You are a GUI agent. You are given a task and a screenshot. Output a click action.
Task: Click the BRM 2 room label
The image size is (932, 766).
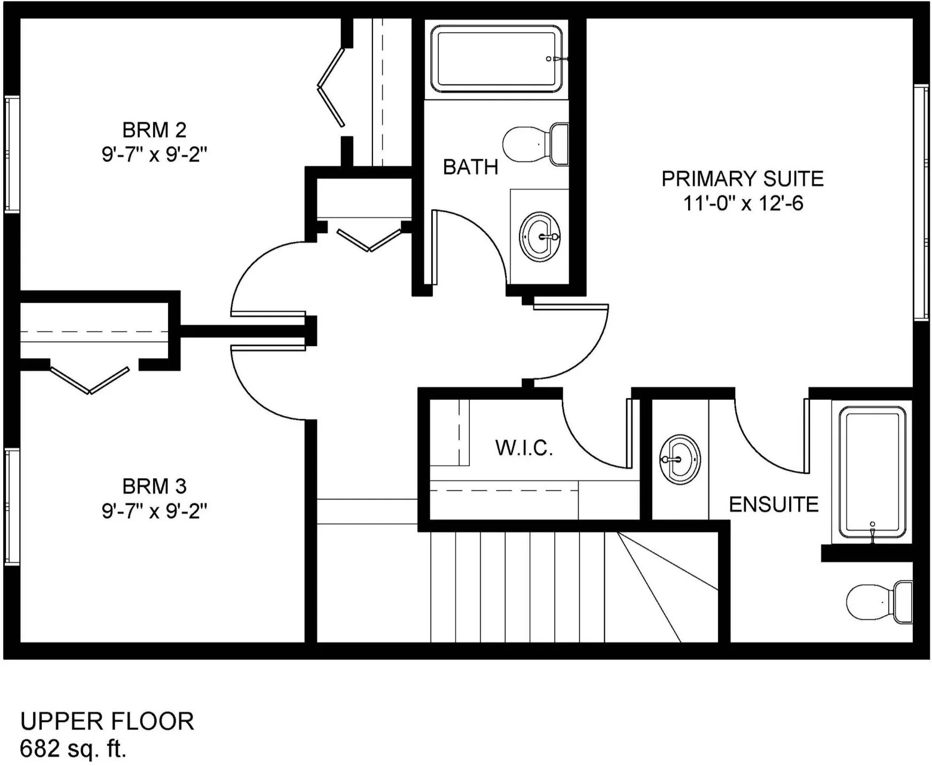click(x=154, y=130)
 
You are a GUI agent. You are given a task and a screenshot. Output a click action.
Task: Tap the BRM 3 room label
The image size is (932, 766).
click(x=154, y=486)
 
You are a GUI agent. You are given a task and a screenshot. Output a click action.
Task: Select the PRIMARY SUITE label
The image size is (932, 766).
click(x=743, y=179)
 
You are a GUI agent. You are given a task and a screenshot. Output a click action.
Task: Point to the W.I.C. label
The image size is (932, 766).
click(x=524, y=448)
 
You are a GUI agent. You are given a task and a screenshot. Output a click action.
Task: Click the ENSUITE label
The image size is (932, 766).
click(x=774, y=504)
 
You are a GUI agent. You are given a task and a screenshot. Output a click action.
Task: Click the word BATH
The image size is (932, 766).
click(x=471, y=167)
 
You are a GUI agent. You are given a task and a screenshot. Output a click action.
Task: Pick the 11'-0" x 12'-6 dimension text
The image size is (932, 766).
click(x=743, y=203)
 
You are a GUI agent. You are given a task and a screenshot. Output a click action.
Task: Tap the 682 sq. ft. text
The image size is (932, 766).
click(x=73, y=748)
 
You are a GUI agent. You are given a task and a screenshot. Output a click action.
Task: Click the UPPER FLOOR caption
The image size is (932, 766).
click(x=107, y=721)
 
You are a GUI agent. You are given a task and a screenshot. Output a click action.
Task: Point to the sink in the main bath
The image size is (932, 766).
click(x=540, y=236)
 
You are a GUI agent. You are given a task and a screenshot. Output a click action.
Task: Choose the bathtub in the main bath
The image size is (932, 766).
click(x=496, y=59)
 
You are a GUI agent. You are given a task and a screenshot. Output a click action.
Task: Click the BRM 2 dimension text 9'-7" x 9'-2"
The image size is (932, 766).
click(x=155, y=155)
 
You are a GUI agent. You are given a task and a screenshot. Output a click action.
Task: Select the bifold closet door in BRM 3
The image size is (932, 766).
click(x=89, y=380)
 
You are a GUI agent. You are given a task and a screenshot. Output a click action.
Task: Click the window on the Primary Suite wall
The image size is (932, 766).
click(x=921, y=203)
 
